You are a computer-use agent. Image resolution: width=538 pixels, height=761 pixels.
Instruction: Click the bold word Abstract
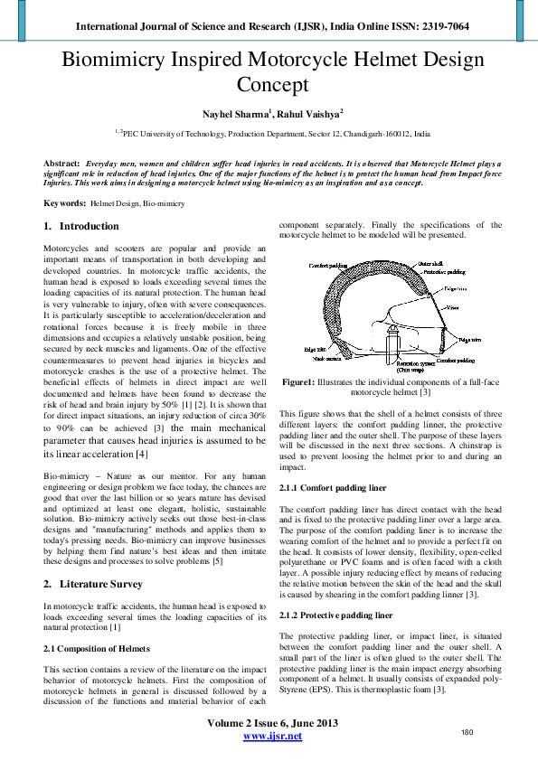pos(61,164)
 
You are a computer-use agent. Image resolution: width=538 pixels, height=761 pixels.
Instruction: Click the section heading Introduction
pos(89,226)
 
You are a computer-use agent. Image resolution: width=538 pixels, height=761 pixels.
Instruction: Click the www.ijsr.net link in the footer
pos(273,736)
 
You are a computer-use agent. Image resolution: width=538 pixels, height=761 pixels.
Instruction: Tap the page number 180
pos(467,732)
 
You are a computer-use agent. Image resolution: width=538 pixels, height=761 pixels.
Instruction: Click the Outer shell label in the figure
pos(429,264)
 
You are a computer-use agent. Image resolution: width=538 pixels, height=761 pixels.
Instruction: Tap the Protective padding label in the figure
pos(445,271)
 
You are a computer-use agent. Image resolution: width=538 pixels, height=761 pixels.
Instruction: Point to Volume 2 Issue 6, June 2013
pos(273,723)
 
